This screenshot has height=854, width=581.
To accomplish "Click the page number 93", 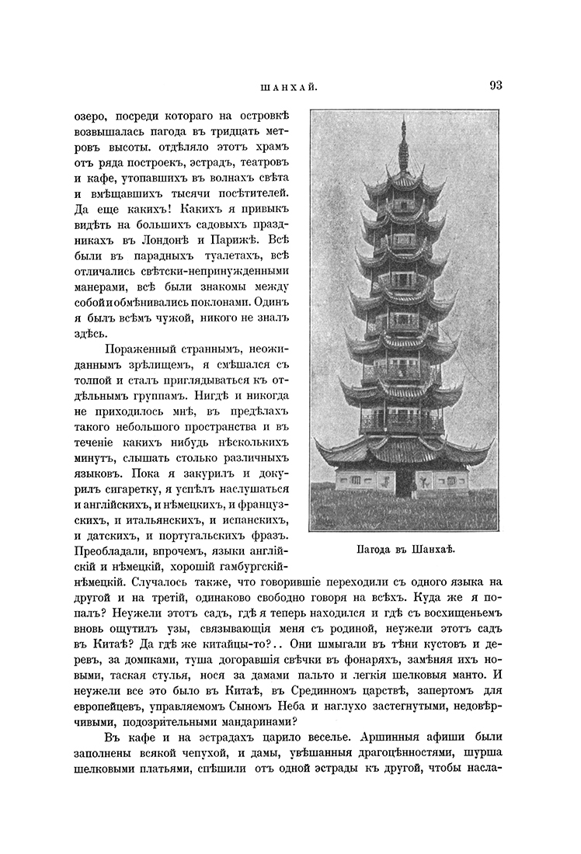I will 496,85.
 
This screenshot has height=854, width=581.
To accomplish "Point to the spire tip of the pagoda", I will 402,121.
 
